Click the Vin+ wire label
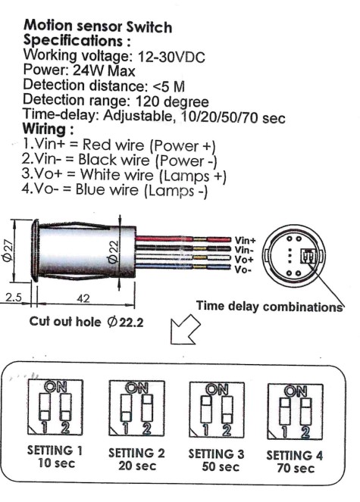[246, 240]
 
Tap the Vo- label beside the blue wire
[243, 270]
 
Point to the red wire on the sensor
[183, 239]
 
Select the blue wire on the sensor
[183, 267]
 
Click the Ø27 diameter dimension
[8, 251]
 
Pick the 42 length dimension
[83, 298]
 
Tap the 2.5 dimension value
[13, 298]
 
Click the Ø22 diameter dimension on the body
[113, 252]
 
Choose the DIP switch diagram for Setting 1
[55, 407]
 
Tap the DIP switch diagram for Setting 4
[296, 412]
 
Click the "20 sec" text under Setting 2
[137, 466]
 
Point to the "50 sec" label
[221, 466]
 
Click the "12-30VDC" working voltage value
[171, 58]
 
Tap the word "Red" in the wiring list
[97, 145]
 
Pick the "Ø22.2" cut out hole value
[125, 322]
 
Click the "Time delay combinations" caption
[270, 307]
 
